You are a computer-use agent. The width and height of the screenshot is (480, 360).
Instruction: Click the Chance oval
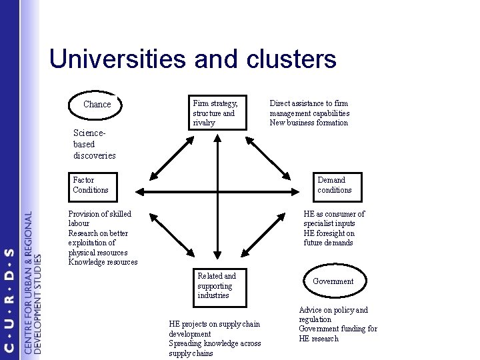pos(97,105)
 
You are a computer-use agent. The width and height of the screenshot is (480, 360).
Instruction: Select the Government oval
pos(333,281)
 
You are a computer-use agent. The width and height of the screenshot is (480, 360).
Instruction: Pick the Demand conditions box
pos(334,185)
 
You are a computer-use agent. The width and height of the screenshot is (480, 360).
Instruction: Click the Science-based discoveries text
pos(94,145)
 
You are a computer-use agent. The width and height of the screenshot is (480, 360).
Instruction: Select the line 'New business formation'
pos(308,123)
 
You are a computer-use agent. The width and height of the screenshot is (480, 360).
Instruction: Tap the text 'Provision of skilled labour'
pos(100,219)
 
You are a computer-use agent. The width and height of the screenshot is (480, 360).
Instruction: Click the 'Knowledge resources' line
pos(103,262)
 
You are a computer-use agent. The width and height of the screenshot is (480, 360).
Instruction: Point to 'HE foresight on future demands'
pos(329,238)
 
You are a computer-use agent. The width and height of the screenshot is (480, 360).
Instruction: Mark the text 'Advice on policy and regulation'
pos(333,315)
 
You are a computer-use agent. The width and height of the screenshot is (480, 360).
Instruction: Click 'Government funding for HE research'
pos(337,333)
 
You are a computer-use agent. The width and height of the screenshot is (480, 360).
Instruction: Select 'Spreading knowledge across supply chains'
pos(215,348)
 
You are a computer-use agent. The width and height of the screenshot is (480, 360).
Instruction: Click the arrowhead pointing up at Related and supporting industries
pos(218,262)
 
